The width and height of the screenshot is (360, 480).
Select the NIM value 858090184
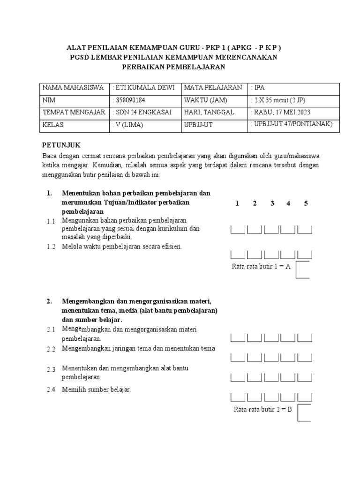(x=130, y=100)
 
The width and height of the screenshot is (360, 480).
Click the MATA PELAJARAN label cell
(x=213, y=88)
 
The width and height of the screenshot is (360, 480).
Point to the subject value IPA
(x=260, y=88)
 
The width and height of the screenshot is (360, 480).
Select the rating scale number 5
(x=306, y=203)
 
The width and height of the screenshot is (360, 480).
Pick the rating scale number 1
(x=238, y=203)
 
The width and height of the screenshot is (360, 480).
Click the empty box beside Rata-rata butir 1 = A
(x=302, y=270)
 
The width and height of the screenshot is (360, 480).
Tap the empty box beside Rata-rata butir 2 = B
(x=304, y=412)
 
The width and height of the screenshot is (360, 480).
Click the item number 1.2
(x=51, y=247)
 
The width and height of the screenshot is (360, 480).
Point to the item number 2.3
(x=51, y=369)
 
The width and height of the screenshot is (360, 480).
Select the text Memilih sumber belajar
(x=97, y=390)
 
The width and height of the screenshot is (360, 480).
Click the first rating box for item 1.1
(x=238, y=230)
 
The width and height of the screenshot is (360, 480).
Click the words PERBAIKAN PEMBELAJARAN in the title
(x=173, y=67)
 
